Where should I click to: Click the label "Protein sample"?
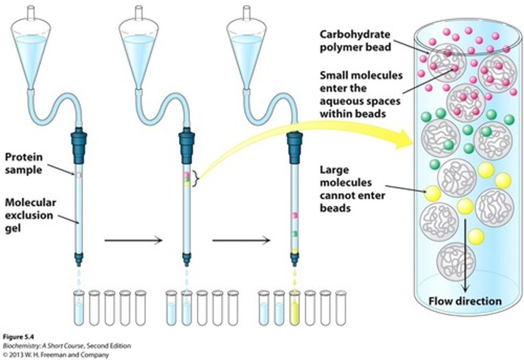click(x=24, y=163)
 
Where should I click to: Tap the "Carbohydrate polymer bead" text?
click(x=355, y=41)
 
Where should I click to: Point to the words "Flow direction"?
click(x=465, y=301)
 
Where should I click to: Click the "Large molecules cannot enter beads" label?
click(x=352, y=189)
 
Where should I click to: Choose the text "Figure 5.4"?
click(x=18, y=337)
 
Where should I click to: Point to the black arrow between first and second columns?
click(x=133, y=240)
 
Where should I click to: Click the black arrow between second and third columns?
click(x=241, y=240)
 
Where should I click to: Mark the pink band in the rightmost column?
click(x=295, y=216)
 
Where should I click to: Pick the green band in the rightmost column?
click(x=295, y=233)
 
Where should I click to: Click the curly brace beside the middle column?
click(x=197, y=179)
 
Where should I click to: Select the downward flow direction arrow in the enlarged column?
click(x=465, y=255)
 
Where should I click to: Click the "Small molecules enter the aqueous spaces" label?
click(x=360, y=94)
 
